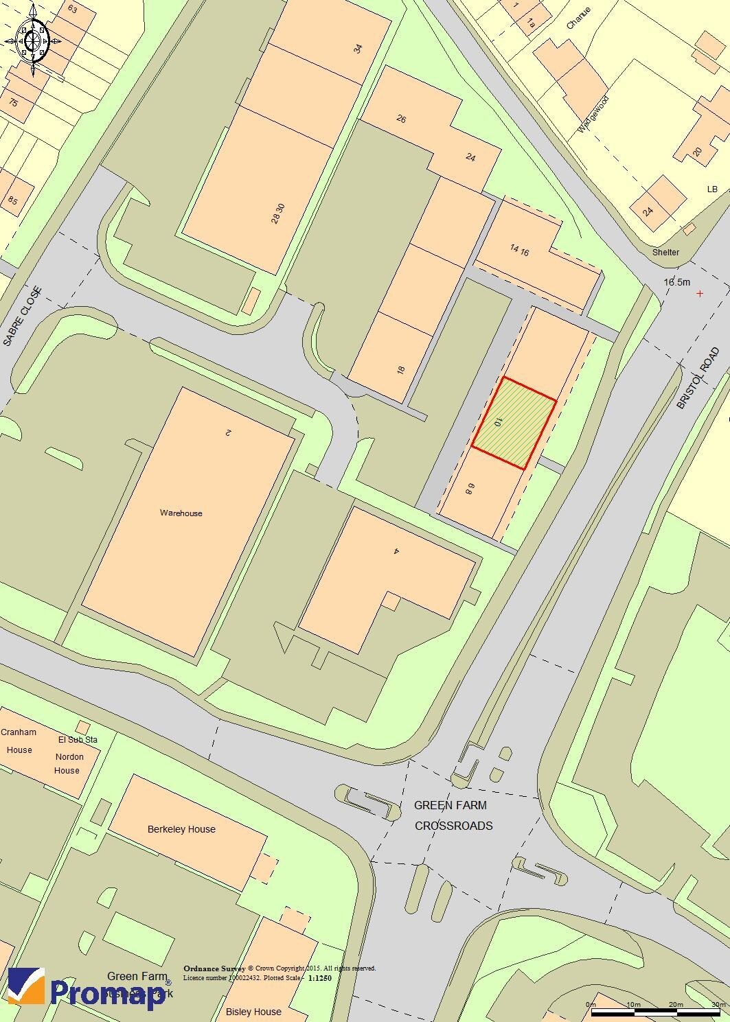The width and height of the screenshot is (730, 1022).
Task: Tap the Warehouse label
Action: [x=181, y=513]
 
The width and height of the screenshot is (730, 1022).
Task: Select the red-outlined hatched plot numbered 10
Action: [x=514, y=423]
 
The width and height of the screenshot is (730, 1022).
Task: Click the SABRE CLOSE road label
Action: [x=22, y=316]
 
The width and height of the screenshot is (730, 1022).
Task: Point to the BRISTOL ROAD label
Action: [x=698, y=378]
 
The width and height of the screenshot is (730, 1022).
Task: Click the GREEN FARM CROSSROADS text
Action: [x=453, y=815]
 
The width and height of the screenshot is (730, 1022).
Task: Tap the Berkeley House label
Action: [x=181, y=829]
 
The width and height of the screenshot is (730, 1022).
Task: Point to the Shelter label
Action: [x=665, y=252]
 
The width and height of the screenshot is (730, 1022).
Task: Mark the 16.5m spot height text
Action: [x=676, y=282]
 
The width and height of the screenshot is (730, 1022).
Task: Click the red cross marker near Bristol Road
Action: [x=700, y=294]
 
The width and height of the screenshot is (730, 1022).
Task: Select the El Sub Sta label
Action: [x=78, y=740]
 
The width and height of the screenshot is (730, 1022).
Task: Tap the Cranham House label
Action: [x=19, y=741]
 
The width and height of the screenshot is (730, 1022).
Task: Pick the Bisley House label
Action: [x=253, y=1012]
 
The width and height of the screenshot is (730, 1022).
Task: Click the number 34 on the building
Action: [x=357, y=49]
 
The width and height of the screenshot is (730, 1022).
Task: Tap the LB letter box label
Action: [x=711, y=189]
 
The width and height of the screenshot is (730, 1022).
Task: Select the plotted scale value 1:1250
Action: [x=320, y=977]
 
